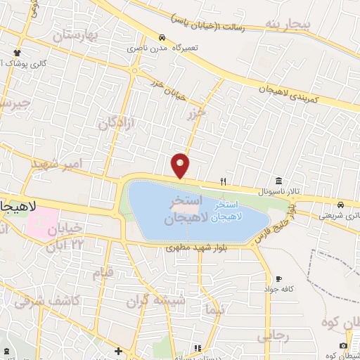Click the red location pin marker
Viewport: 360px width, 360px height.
181,165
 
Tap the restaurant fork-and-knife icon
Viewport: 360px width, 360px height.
223,181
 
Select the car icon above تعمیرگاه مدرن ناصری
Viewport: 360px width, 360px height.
162,37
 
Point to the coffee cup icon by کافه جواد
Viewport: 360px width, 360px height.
280,278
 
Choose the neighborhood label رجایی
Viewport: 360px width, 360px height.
273,336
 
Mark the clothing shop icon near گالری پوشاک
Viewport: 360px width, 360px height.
17,53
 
